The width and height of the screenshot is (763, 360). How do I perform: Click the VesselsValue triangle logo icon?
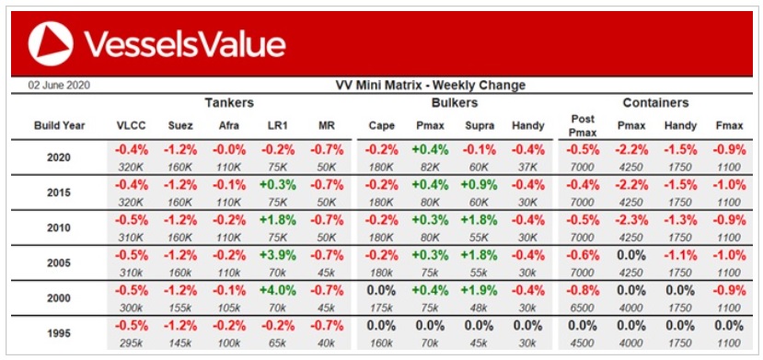point(51,43)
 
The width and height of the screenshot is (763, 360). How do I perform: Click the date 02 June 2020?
point(59,85)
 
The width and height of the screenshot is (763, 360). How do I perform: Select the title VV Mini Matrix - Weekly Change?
point(431,85)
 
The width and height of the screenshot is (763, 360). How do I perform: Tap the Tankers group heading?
point(228,102)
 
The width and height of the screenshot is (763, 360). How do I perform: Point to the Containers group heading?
point(655,102)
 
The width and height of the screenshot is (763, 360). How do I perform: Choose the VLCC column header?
point(132,125)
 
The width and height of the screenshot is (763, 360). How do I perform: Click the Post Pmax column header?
point(582,125)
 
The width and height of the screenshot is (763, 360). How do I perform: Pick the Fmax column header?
point(729,125)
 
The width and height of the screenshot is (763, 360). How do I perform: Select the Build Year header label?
point(60,125)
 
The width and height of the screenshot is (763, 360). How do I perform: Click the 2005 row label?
point(59,262)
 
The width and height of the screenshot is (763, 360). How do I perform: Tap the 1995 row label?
point(59,333)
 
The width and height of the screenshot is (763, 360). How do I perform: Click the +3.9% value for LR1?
point(277,255)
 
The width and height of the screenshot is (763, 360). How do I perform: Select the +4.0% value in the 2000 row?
point(277,290)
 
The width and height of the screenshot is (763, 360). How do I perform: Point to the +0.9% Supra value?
point(479,185)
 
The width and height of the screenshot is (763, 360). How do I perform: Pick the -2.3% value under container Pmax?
point(631,220)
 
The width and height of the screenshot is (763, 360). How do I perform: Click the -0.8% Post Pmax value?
point(582,290)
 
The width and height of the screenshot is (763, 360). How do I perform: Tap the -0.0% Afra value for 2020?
point(228,150)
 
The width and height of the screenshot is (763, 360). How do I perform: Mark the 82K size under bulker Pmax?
point(430,167)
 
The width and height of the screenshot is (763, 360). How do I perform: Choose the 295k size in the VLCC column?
point(132,343)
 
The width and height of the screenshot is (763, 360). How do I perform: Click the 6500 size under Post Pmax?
point(582,308)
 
